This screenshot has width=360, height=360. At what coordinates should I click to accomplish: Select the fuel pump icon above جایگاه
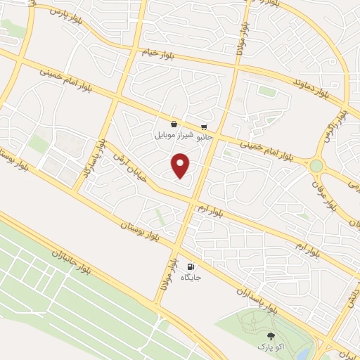coord(191,267)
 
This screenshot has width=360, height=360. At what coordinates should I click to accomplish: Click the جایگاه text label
coord(191,278)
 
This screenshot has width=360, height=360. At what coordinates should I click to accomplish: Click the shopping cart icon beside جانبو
coord(204,127)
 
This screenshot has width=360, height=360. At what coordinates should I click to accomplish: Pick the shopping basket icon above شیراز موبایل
coord(174,122)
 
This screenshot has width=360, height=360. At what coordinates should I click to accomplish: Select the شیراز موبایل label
coord(174,133)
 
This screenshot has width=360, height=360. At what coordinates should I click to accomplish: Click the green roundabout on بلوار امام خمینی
coord(316,166)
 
